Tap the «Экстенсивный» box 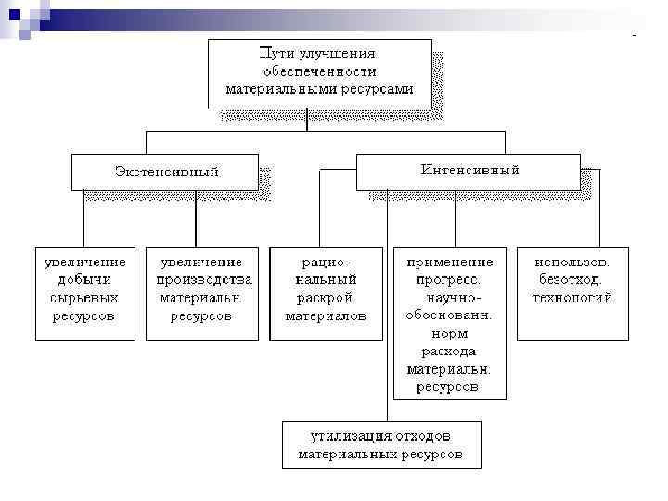click(x=166, y=172)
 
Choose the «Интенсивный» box click(x=469, y=171)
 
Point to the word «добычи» click(x=84, y=280)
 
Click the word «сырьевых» click(x=84, y=298)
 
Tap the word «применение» click(x=450, y=263)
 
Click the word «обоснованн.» click(x=449, y=315)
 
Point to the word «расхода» click(x=450, y=352)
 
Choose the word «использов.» click(x=572, y=263)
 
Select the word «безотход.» click(x=572, y=280)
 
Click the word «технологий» click(x=572, y=298)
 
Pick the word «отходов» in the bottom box click(x=419, y=436)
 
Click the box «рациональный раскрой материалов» click(x=325, y=293)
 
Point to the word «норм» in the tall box click(x=450, y=333)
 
